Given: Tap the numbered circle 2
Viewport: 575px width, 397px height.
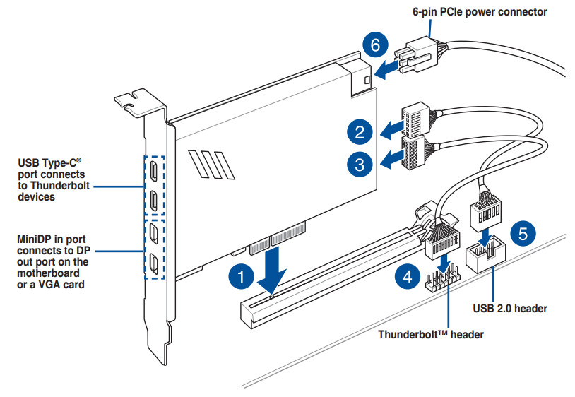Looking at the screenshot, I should pos(360,131).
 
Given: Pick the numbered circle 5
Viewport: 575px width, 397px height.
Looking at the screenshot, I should pos(522,233).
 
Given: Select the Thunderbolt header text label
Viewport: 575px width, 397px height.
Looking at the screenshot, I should pos(431,334).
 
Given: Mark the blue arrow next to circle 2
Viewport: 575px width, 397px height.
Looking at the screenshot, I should pos(390,131).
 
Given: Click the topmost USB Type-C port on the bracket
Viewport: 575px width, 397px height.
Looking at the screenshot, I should pos(153,170).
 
